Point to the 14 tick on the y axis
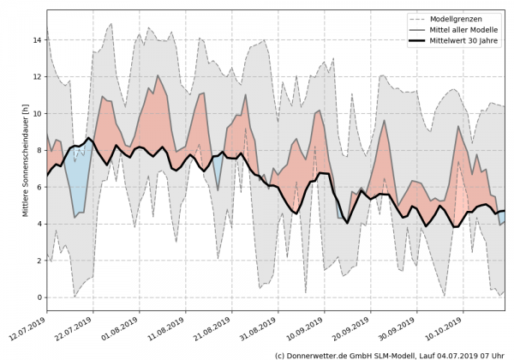coord(38,39)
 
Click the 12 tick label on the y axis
coord(38,76)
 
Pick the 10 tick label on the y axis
coord(38,113)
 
